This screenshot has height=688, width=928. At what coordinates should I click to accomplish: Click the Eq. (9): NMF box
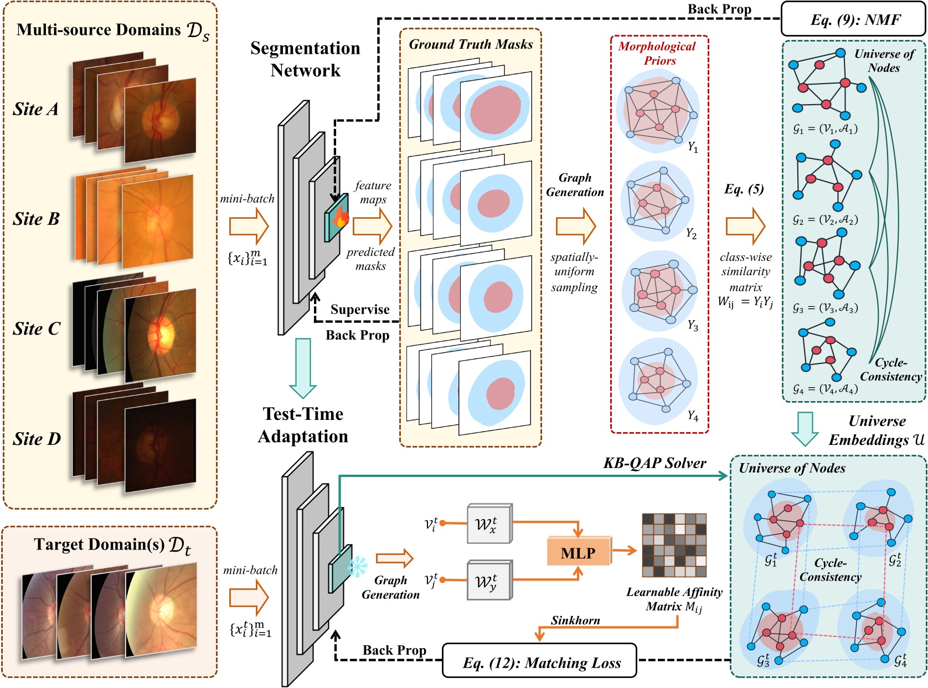(x=853, y=19)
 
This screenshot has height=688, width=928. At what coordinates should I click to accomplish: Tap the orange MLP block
(x=578, y=552)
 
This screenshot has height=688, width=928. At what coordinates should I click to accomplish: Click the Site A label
(x=35, y=109)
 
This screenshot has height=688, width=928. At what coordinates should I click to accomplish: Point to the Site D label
(x=37, y=439)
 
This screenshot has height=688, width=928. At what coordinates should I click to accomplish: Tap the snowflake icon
(x=357, y=568)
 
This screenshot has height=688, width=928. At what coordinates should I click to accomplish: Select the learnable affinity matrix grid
(x=674, y=545)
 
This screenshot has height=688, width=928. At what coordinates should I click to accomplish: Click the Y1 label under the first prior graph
(x=693, y=147)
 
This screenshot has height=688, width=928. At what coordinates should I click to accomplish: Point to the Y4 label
(x=693, y=415)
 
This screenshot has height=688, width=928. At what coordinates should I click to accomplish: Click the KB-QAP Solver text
(x=654, y=463)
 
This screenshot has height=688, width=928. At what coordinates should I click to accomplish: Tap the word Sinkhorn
(x=575, y=620)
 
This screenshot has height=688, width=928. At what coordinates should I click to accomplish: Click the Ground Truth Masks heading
(x=471, y=44)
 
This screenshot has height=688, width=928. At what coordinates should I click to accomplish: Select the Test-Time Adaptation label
(x=303, y=425)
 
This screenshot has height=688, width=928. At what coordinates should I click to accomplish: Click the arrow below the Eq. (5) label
(x=745, y=226)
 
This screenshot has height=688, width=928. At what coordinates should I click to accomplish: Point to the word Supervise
(x=360, y=310)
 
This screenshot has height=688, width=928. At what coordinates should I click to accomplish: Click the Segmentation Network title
(x=305, y=59)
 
